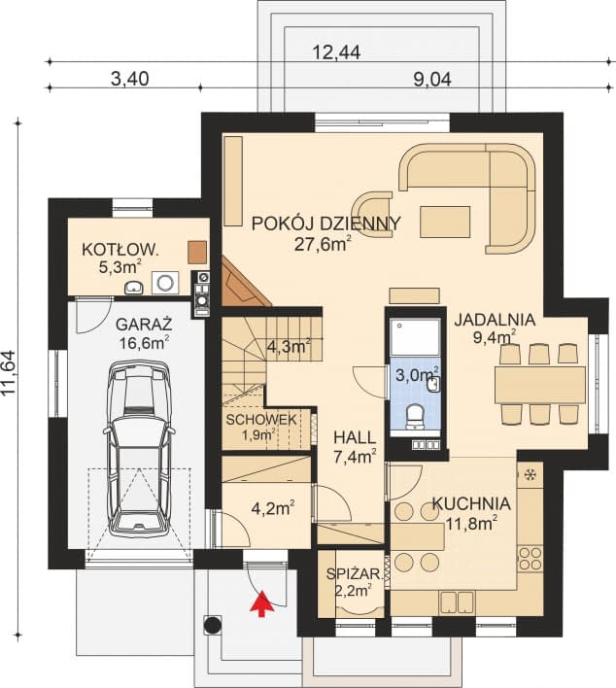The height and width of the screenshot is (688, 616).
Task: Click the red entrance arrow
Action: click(262, 603)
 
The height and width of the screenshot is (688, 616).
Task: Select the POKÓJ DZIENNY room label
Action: click(326, 224)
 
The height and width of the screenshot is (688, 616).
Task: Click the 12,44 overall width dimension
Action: click(336, 52)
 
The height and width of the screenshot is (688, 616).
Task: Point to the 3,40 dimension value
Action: click(130, 79)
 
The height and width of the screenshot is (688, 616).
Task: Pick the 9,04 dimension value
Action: click(432, 80)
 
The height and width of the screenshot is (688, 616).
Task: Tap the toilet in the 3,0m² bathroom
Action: click(415, 416)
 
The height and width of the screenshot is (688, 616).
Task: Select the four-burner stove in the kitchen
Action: click(530, 558)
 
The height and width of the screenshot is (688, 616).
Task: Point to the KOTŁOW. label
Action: click(120, 250)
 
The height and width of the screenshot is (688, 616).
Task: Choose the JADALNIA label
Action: click(495, 320)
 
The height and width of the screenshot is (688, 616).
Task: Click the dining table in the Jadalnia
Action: click(540, 385)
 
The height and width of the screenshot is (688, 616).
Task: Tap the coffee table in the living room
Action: click(445, 222)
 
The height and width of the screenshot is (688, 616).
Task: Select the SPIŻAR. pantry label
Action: click(354, 574)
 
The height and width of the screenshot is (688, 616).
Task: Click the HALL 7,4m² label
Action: click(355, 447)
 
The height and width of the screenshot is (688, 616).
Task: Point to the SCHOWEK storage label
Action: click(261, 420)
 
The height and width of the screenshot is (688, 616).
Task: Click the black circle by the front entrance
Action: click(213, 625)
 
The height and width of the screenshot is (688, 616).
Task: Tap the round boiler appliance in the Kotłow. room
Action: click(165, 283)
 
